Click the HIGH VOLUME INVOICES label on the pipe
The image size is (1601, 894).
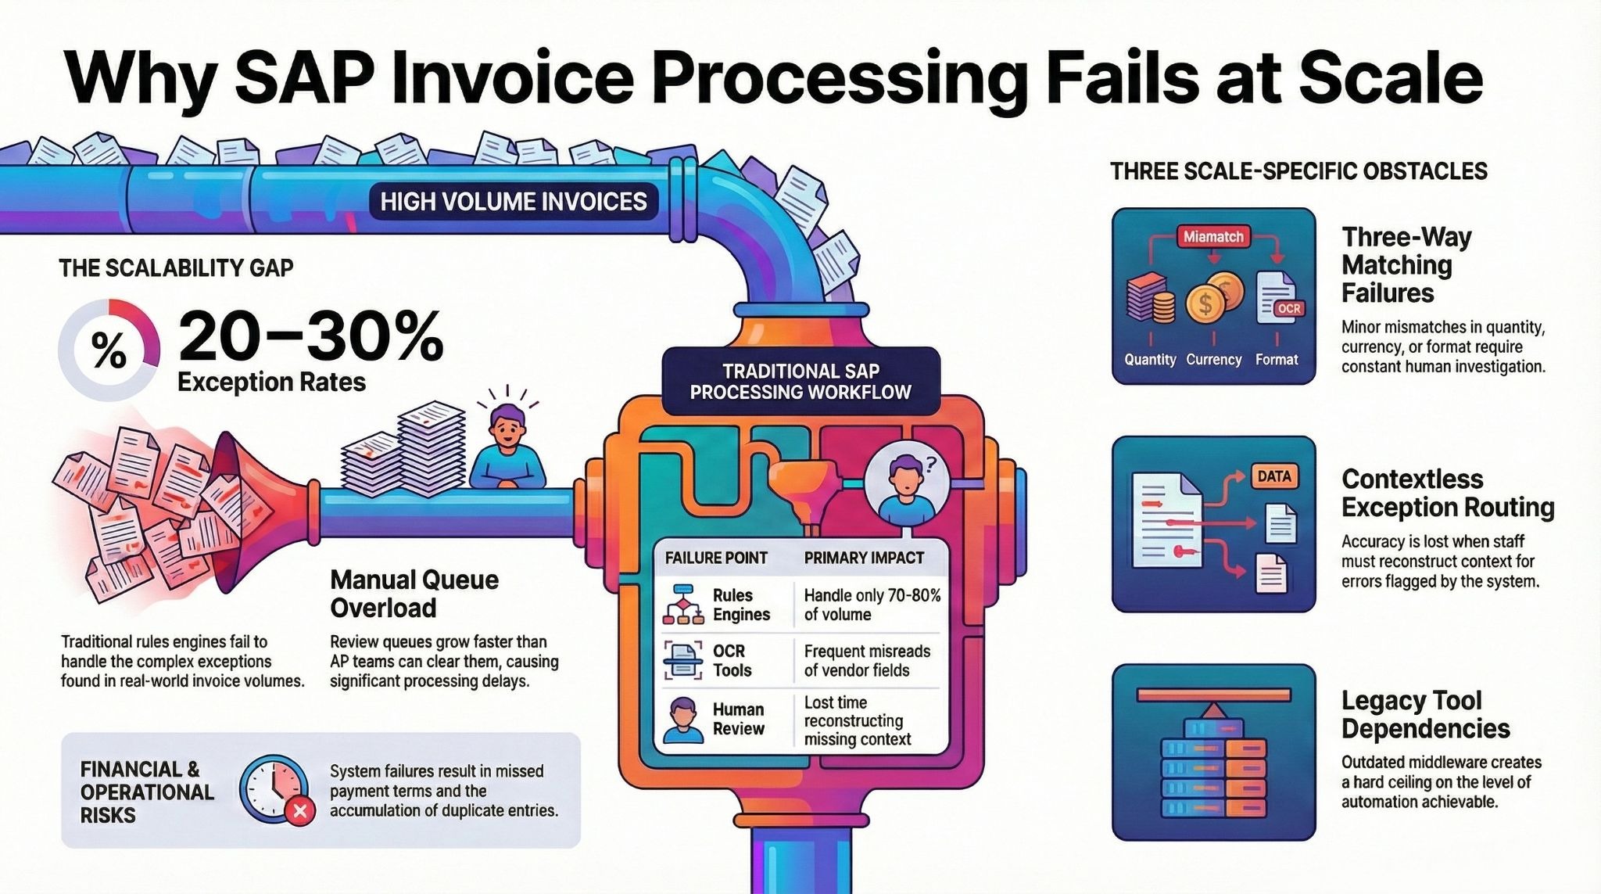click(513, 202)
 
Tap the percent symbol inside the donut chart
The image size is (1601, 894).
click(109, 350)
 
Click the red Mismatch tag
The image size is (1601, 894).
click(1213, 236)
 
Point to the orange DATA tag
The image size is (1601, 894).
click(1274, 476)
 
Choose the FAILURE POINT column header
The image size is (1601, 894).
click(716, 558)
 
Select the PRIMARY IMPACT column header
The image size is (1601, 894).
click(864, 558)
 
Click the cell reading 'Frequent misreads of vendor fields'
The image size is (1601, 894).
click(867, 661)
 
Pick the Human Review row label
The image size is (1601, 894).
click(738, 719)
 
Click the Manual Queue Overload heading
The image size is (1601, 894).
click(414, 594)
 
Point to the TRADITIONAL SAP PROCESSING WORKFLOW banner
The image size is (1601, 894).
click(800, 381)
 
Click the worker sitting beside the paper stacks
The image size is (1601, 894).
click(507, 450)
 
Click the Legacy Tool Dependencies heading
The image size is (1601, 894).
click(1425, 714)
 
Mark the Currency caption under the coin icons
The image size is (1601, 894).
click(1213, 360)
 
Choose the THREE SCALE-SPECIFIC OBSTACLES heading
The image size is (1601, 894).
click(1298, 171)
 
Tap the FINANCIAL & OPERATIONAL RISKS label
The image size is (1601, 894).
click(147, 792)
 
